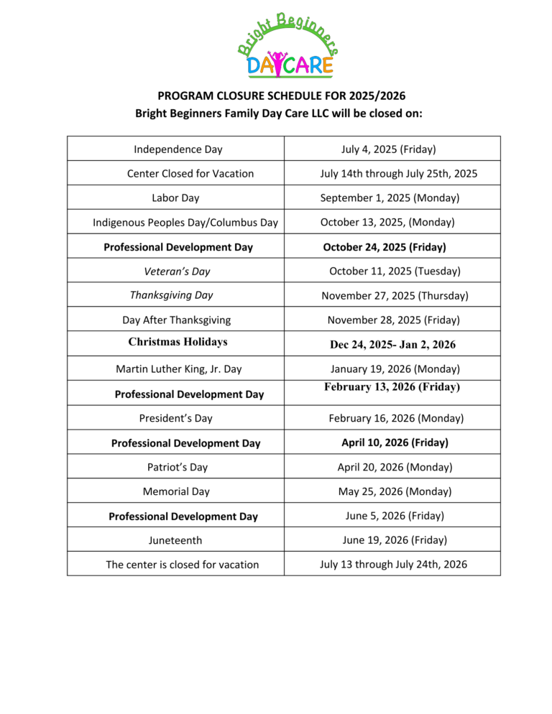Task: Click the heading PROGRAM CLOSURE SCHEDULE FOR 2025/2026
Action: coord(276,96)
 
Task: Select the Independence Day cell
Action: coord(178,149)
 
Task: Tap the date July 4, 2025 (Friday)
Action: coord(388,149)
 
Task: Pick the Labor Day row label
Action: coord(176,198)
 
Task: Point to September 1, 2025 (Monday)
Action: coord(390,198)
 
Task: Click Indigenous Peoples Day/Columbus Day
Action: coord(185,223)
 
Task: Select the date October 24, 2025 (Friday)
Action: coord(385,247)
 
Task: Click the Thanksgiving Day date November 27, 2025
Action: coord(395,295)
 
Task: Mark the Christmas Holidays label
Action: coord(178,342)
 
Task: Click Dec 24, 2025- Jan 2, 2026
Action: coord(392,345)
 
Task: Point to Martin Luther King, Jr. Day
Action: coord(178,369)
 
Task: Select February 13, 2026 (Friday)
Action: coord(392,387)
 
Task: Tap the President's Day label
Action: coord(175,417)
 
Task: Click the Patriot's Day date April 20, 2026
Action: coord(395,467)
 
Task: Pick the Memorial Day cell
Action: coord(176,492)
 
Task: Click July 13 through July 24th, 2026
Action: coord(393,564)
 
